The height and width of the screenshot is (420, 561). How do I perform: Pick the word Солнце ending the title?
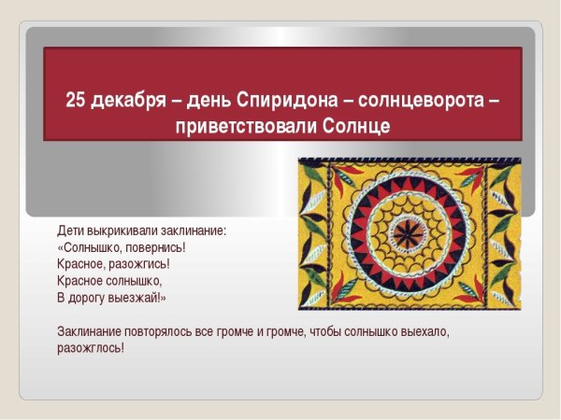356,125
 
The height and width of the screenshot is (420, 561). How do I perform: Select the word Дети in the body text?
70,231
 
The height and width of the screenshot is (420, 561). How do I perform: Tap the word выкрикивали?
119,231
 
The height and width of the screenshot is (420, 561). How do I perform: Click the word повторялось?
163,331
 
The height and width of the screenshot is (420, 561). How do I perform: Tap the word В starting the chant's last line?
61,298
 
